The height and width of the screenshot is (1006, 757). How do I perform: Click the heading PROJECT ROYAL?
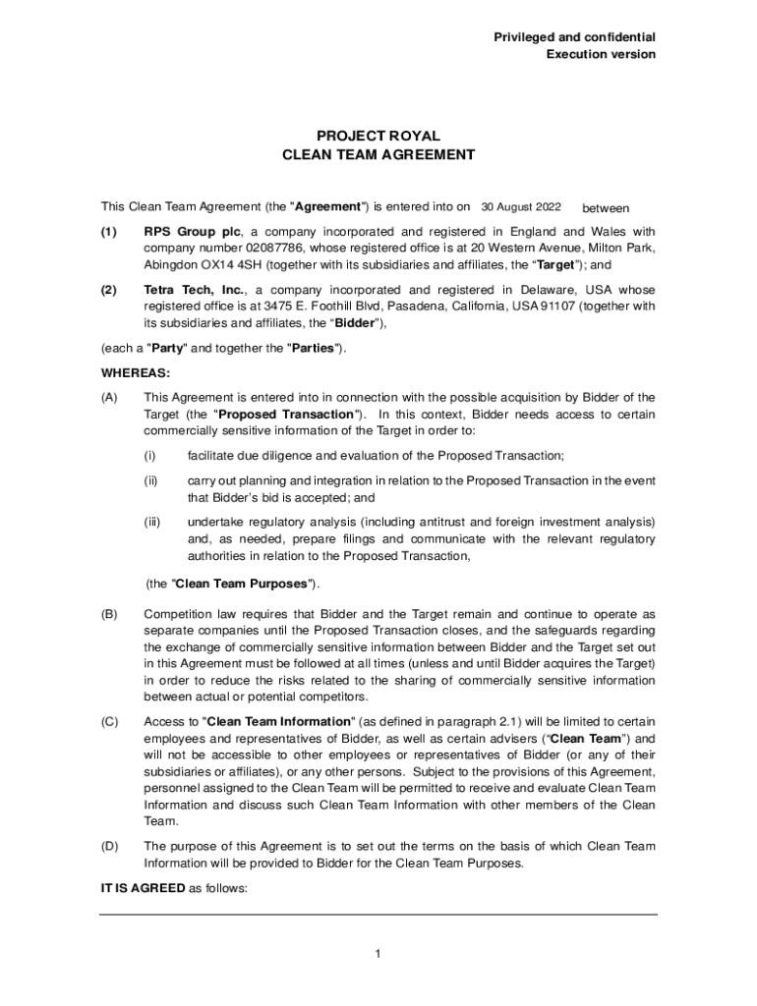click(x=378, y=136)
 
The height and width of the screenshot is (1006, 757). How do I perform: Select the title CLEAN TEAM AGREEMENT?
click(x=378, y=154)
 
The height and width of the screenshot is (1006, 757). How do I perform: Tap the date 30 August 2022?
click(x=520, y=207)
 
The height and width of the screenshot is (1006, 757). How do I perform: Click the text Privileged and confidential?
click(x=574, y=37)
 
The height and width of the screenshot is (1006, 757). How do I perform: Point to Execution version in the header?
click(x=601, y=54)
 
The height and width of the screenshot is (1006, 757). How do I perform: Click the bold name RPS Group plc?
click(x=192, y=231)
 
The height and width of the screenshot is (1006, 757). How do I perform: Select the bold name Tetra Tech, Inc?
click(x=195, y=290)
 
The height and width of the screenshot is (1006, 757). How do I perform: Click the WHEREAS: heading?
click(x=136, y=372)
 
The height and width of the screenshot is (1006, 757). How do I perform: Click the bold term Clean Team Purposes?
click(x=241, y=584)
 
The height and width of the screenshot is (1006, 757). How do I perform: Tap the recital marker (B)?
click(x=109, y=613)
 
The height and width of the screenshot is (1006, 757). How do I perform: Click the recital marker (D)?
click(x=109, y=846)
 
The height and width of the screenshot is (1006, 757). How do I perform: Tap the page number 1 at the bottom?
click(x=378, y=953)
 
